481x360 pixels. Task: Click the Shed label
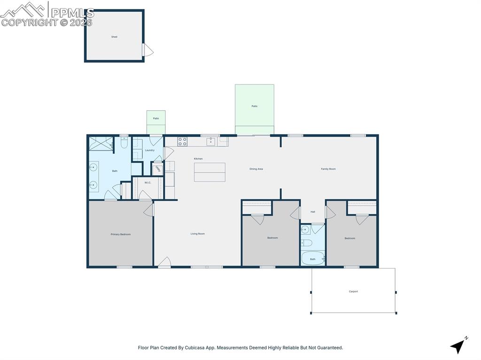pyautogui.click(x=114, y=37)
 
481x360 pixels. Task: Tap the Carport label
pyautogui.click(x=353, y=291)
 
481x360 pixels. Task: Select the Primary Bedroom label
pyautogui.click(x=121, y=234)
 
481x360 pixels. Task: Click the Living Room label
pyautogui.click(x=198, y=234)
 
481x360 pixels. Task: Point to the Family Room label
pyautogui.click(x=328, y=169)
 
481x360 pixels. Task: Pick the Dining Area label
pyautogui.click(x=256, y=169)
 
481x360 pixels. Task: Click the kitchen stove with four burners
pyautogui.click(x=182, y=141)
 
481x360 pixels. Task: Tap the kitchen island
pyautogui.click(x=209, y=172)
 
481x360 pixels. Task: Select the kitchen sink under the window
pyautogui.click(x=211, y=141)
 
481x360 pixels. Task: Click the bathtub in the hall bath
pyautogui.click(x=312, y=258)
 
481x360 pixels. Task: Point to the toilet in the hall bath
pyautogui.click(x=306, y=243)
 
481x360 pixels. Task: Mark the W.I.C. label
pyautogui.click(x=147, y=183)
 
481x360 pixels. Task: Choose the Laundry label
pyautogui.click(x=149, y=150)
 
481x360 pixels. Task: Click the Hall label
pyautogui.click(x=313, y=212)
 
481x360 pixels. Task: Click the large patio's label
pyautogui.click(x=254, y=106)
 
